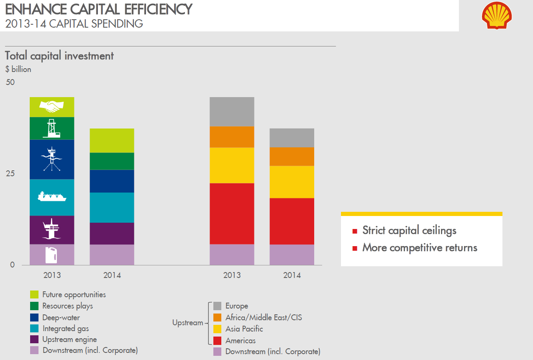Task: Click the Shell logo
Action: pos(497,15)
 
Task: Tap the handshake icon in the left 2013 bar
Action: pos(51,107)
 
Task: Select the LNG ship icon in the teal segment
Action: pos(52,197)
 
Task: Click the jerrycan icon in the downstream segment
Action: pos(51,255)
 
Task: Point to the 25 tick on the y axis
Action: pos(10,173)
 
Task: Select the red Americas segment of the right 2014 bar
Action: pos(292,221)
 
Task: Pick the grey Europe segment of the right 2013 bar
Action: pos(232,111)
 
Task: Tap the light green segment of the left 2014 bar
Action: pos(112,140)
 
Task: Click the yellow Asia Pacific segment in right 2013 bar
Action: pos(232,165)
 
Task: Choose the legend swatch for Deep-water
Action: pos(34,317)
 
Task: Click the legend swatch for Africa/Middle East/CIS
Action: pos(217,317)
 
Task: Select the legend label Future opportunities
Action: pos(74,295)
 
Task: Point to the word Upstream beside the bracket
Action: pos(187,323)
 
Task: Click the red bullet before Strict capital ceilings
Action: pos(355,231)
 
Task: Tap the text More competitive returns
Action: pos(420,247)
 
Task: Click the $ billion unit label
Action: pos(18,69)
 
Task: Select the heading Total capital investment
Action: pos(59,56)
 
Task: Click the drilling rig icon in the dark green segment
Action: pos(51,128)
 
